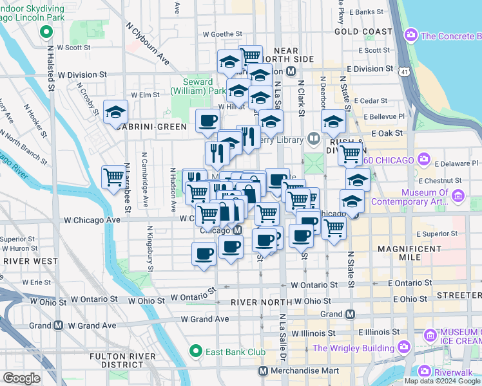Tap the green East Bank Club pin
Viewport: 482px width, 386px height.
click(197, 351)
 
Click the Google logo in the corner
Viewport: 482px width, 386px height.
click(21, 378)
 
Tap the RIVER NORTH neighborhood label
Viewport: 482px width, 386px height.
click(257, 302)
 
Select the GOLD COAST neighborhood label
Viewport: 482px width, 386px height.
click(363, 32)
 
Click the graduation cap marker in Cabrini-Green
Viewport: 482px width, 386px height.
click(115, 112)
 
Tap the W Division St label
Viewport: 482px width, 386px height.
click(82, 75)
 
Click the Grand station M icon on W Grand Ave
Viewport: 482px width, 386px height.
click(59, 325)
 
